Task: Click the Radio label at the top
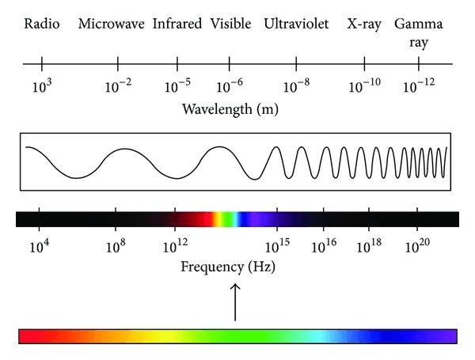[42, 24]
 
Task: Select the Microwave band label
[111, 24]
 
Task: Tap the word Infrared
[177, 24]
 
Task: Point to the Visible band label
[231, 24]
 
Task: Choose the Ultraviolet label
[296, 24]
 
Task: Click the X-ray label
[364, 25]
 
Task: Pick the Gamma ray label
[418, 32]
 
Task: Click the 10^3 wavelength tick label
[42, 85]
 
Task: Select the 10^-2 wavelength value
[118, 85]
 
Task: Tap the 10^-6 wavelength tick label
[230, 85]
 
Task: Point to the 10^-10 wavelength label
[364, 85]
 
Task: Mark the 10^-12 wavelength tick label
[419, 85]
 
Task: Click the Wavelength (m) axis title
[230, 109]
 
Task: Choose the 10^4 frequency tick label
[40, 246]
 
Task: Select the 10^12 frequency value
[175, 246]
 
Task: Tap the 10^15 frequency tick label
[277, 246]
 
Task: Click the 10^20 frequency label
[417, 246]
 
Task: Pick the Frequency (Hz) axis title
[228, 267]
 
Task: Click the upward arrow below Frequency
[235, 302]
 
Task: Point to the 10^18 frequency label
[369, 246]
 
